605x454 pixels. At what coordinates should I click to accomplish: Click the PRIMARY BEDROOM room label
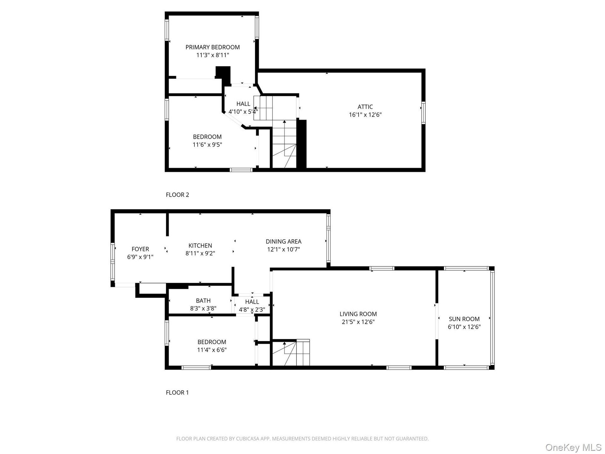pos(213,47)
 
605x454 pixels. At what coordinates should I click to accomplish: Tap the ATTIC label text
pos(365,107)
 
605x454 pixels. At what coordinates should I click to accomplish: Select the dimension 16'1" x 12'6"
pos(365,115)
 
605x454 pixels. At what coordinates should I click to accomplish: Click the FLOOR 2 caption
pos(177,195)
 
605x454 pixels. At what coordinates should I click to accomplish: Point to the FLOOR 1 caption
pos(177,393)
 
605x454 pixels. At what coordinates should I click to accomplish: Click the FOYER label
pos(140,249)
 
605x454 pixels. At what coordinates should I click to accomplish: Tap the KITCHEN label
pos(200,246)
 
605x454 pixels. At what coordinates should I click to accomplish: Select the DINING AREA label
pos(284,242)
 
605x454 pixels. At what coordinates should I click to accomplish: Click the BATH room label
pos(203,301)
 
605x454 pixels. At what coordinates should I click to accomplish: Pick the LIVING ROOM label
pos(358,314)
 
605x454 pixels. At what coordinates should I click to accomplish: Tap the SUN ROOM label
pos(464,319)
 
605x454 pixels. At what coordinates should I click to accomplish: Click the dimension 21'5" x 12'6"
pos(358,322)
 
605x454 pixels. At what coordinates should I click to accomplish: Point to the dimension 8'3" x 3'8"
pos(203,308)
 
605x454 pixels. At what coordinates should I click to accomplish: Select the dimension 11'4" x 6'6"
pos(212,350)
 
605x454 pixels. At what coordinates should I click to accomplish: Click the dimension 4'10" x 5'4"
pos(243,112)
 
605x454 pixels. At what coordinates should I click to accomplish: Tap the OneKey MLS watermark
pos(573,447)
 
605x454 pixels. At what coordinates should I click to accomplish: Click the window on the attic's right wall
pos(423,113)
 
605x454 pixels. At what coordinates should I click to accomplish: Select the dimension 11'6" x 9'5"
pos(207,145)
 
